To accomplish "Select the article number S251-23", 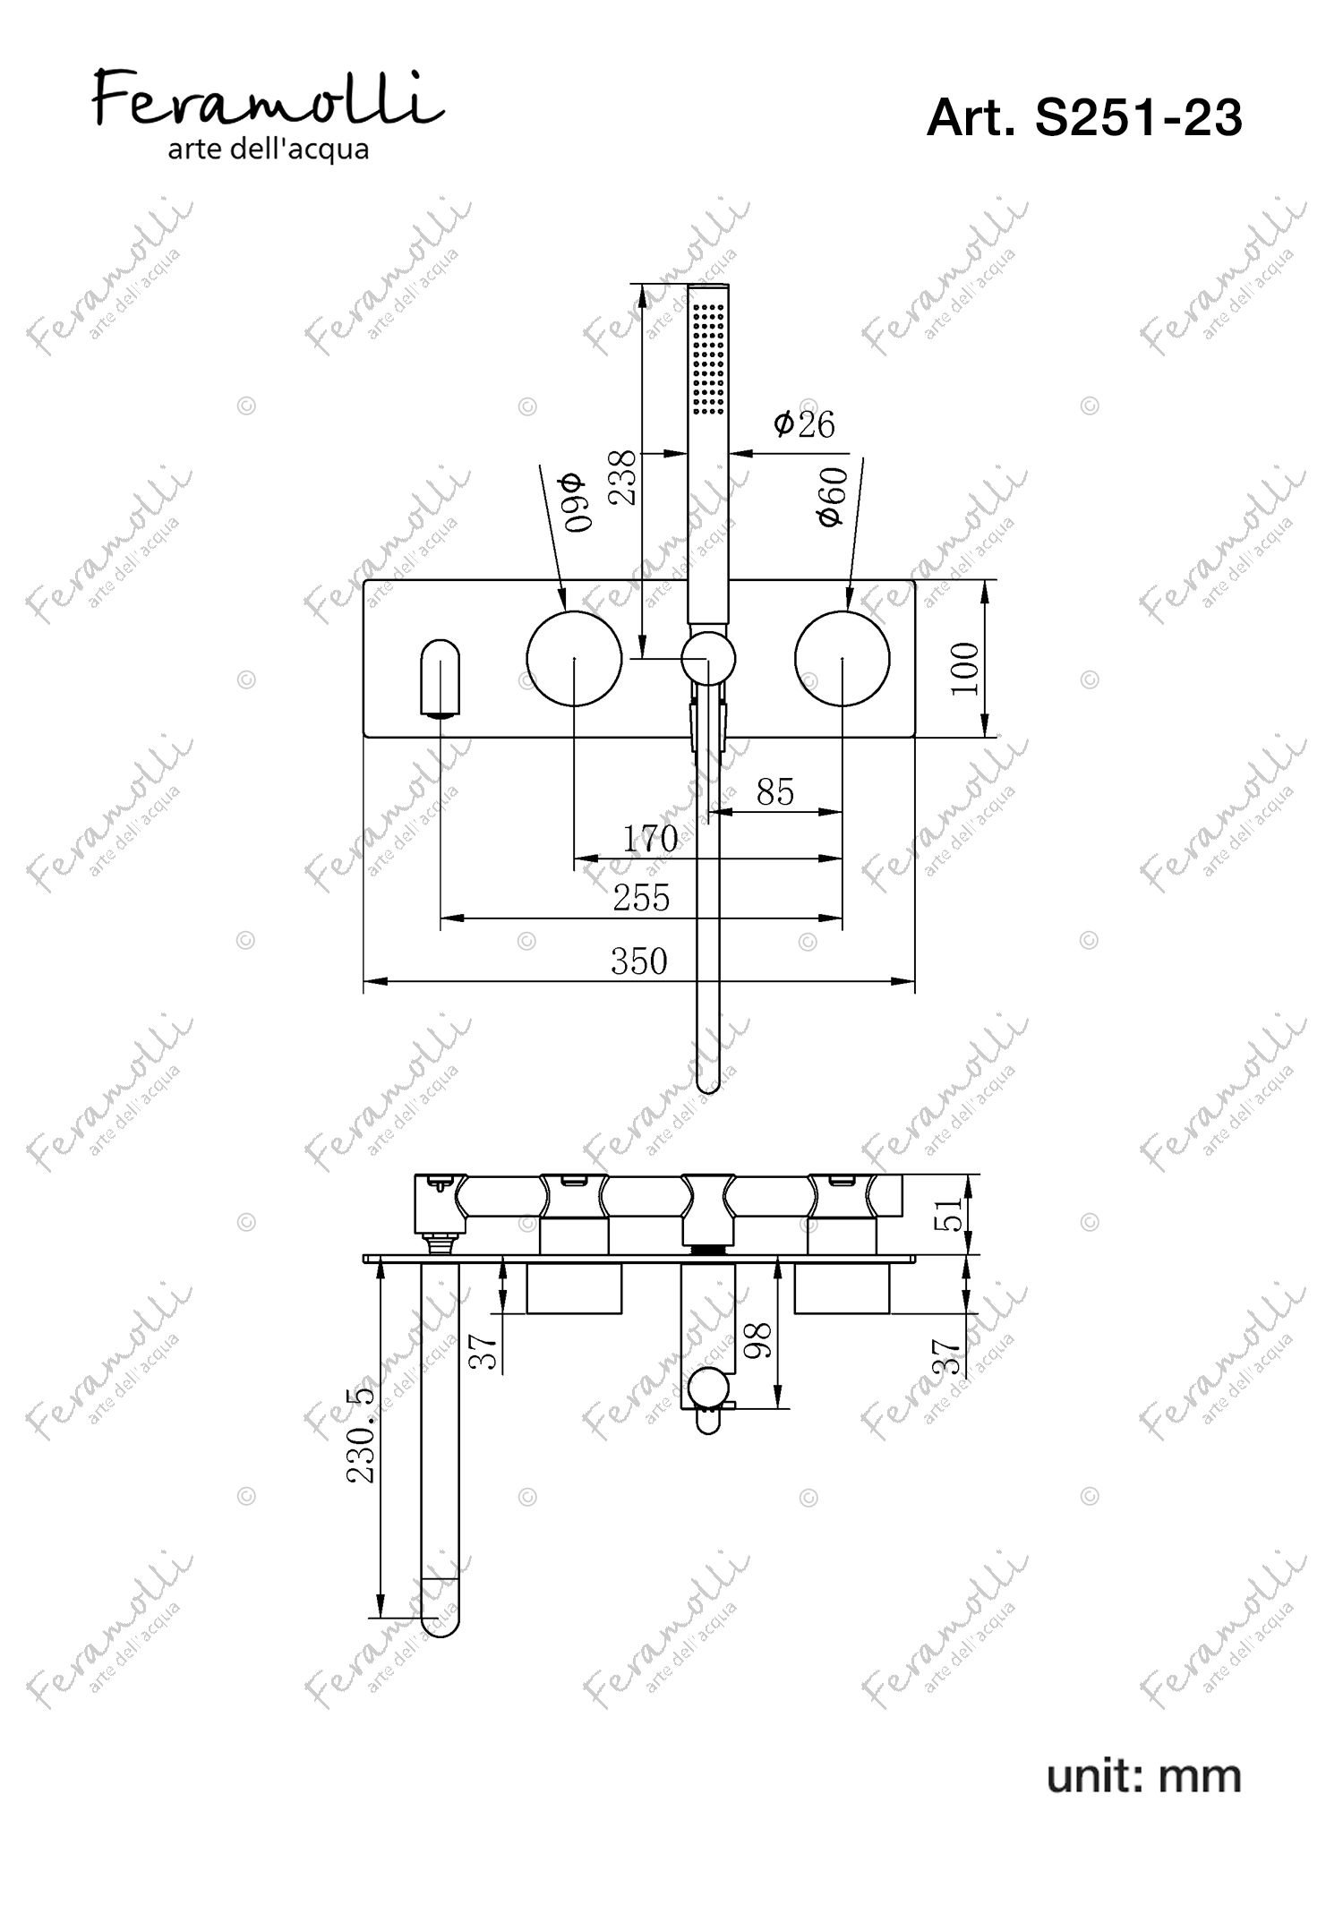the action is click(x=1139, y=117).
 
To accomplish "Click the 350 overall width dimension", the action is click(x=639, y=961).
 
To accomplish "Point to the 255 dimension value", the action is click(x=641, y=897).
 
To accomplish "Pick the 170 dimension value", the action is click(x=650, y=839).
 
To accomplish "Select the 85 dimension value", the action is click(x=775, y=792).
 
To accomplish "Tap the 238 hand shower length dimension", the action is click(x=623, y=477).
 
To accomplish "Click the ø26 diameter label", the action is click(x=804, y=423).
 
